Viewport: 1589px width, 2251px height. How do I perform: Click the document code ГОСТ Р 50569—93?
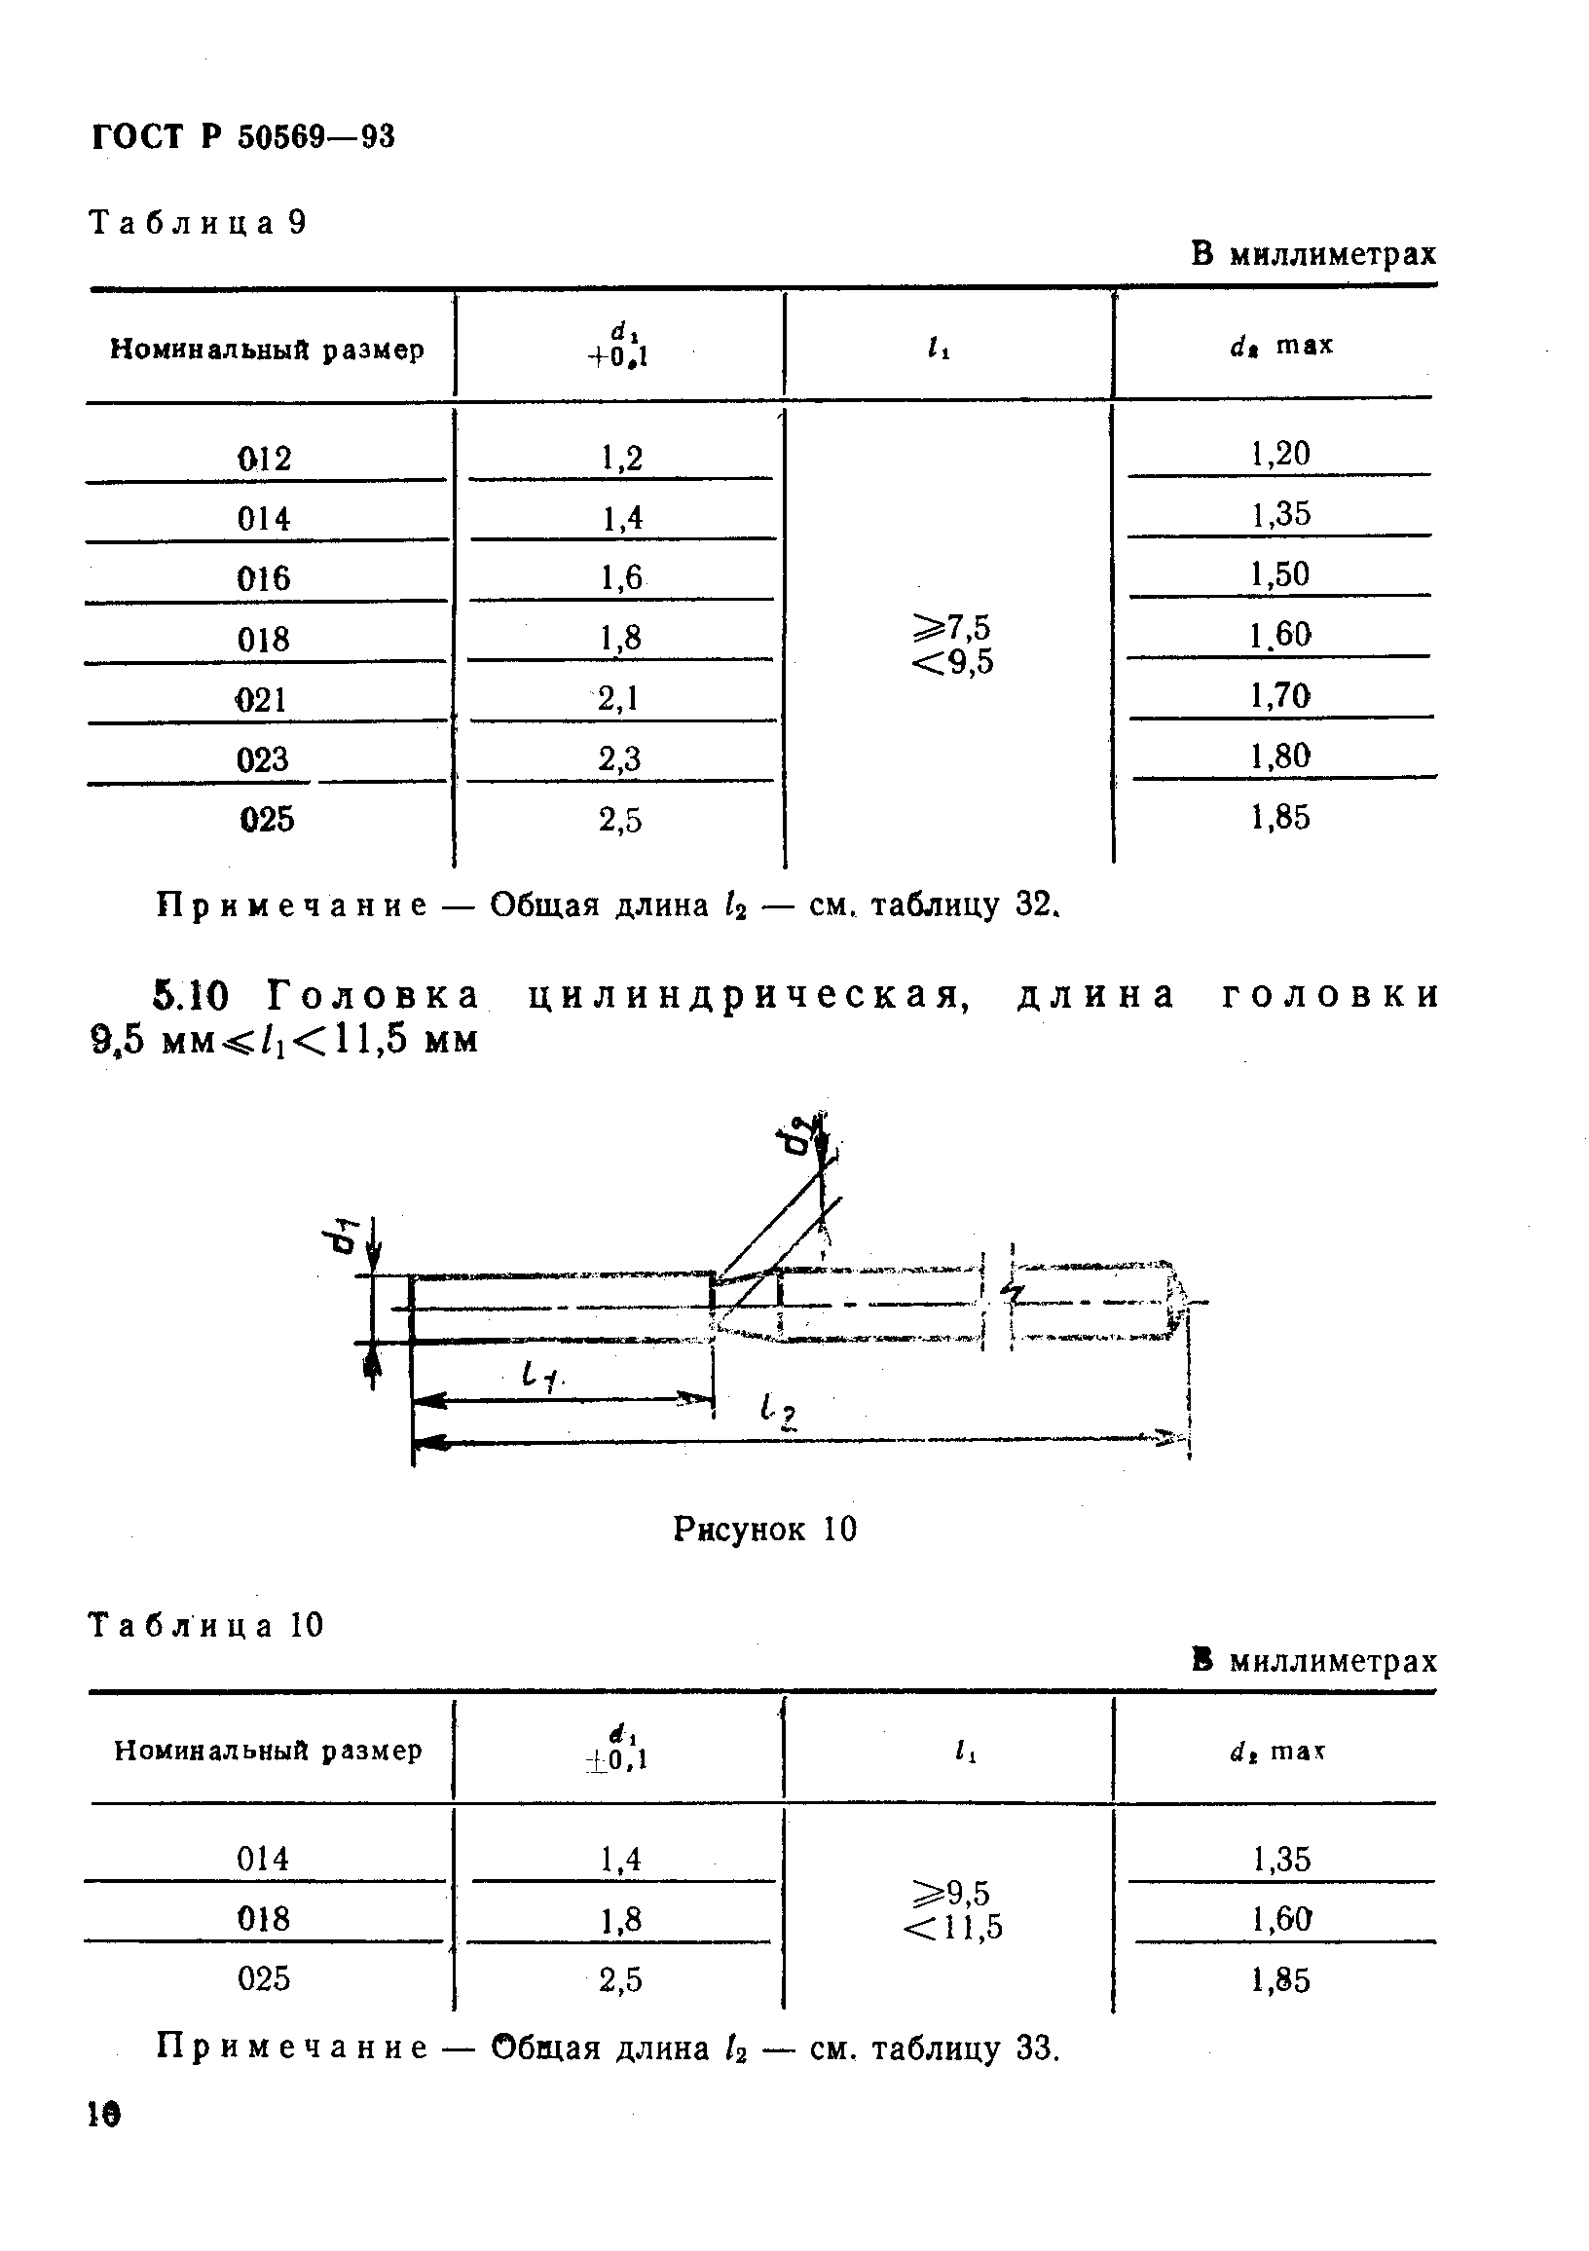click(x=243, y=136)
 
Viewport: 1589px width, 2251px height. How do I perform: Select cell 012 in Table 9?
click(x=264, y=458)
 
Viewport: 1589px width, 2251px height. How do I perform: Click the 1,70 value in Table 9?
click(x=1279, y=696)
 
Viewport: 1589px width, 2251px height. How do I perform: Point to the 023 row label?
click(x=263, y=758)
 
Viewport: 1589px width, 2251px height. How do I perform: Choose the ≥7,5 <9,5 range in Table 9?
click(x=952, y=645)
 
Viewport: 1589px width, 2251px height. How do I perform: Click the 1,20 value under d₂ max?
click(x=1279, y=453)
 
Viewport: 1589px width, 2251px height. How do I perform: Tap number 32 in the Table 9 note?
click(x=1033, y=904)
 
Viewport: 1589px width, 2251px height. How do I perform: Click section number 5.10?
click(x=191, y=996)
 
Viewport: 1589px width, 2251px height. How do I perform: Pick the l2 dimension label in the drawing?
click(x=778, y=1413)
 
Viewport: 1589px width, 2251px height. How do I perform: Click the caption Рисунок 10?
click(x=764, y=1529)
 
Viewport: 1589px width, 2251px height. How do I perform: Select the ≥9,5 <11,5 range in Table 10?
click(x=952, y=1909)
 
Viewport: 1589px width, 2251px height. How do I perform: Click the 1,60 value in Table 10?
click(x=1280, y=1918)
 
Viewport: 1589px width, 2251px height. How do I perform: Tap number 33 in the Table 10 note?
click(x=1035, y=2048)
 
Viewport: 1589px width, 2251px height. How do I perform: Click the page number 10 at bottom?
click(x=103, y=2114)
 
